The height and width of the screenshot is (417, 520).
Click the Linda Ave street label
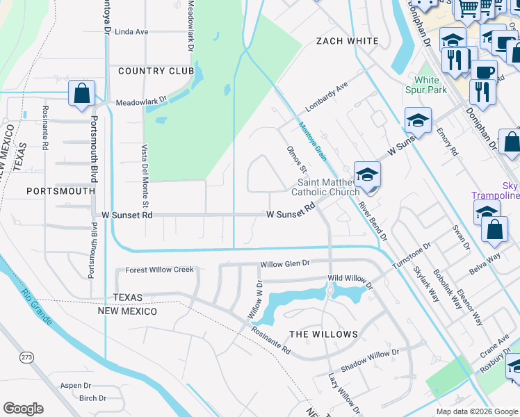tap(131, 32)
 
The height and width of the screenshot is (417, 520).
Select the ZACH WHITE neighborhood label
tap(347, 41)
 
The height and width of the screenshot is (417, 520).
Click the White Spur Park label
tap(426, 85)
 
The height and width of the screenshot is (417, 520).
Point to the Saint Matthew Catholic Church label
tap(325, 187)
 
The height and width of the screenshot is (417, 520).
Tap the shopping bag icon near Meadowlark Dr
tap(81, 93)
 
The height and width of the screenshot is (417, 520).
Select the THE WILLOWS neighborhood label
tap(323, 334)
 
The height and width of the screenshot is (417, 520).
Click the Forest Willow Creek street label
tap(159, 270)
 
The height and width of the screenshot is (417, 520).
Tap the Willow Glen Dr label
tap(284, 264)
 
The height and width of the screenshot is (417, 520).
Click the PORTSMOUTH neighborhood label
tap(60, 190)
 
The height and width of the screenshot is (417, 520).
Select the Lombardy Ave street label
tap(326, 97)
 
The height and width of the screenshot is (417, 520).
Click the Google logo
tap(23, 409)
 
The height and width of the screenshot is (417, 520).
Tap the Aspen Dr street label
tap(76, 386)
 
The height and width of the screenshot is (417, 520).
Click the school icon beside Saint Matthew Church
tap(366, 174)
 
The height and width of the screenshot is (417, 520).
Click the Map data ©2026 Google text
tap(476, 411)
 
